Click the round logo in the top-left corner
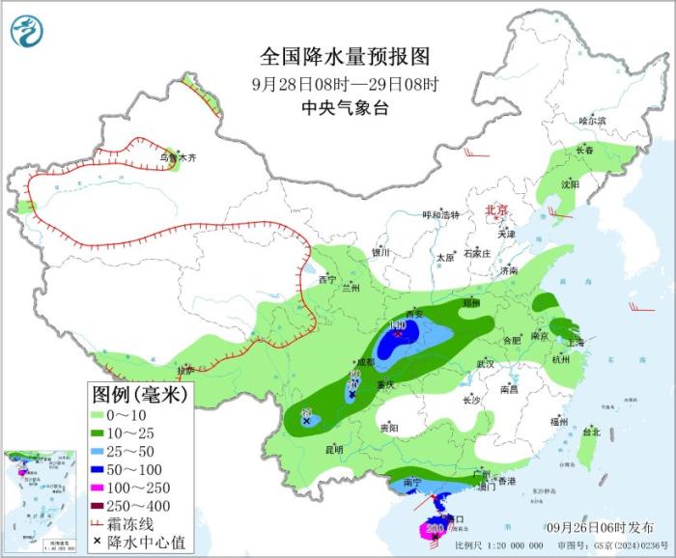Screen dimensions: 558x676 pos(28,31)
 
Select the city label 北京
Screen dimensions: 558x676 pos(494,209)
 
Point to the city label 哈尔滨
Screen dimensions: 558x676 pos(592,121)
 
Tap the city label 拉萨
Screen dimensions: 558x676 pos(185,371)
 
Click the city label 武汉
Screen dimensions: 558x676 pos(485,364)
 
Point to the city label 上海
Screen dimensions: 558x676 pos(576,342)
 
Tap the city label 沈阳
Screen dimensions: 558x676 pos(570,183)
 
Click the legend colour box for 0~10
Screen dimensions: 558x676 pos(99,415)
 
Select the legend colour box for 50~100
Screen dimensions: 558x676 pos(99,469)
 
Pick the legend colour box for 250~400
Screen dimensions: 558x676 pos(99,505)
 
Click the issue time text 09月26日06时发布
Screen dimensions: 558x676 pos(598,526)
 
